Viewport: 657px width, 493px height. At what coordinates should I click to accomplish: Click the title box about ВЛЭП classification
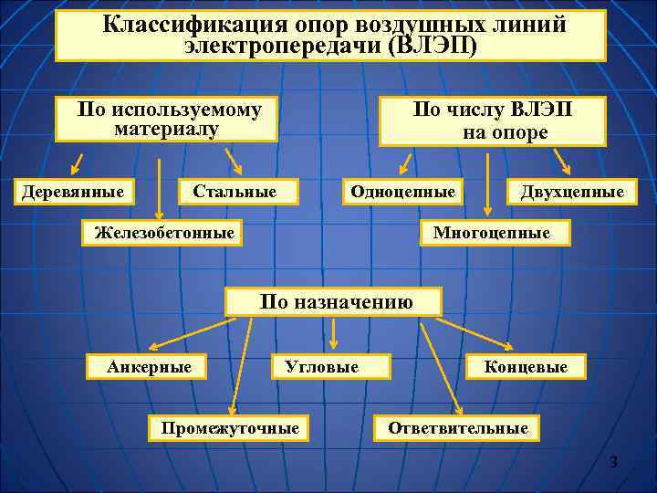[330, 36]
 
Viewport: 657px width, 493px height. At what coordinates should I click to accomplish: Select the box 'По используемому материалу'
[167, 120]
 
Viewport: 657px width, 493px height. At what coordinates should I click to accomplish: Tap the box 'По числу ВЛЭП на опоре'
[493, 121]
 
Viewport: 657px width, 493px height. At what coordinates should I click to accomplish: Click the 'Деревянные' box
[73, 191]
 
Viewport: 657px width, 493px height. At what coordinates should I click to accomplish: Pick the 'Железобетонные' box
[164, 233]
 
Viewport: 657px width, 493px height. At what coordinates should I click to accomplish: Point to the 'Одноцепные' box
[402, 191]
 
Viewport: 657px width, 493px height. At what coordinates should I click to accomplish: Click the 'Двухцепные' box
[572, 191]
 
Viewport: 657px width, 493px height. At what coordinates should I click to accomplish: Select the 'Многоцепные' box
[492, 233]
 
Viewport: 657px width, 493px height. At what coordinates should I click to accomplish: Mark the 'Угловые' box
[331, 367]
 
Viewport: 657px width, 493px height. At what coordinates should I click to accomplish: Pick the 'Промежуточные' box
[229, 427]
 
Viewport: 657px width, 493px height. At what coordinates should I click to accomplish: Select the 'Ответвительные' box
[457, 427]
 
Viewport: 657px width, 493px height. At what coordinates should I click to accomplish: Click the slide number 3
[614, 464]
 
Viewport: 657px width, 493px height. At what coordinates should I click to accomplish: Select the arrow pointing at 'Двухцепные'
[562, 162]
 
